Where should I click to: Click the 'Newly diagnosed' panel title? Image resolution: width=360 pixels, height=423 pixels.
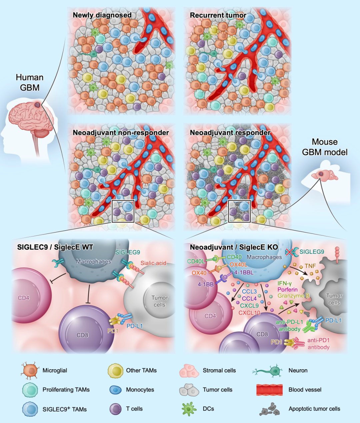click(x=102, y=15)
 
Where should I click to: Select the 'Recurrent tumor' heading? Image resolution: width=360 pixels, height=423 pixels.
click(x=218, y=15)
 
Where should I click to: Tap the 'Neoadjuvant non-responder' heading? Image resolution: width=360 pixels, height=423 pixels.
click(x=121, y=132)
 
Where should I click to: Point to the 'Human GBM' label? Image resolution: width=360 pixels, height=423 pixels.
click(x=30, y=82)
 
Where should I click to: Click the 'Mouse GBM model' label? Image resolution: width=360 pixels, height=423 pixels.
click(x=325, y=147)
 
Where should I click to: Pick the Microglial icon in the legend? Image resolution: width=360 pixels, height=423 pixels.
click(x=29, y=371)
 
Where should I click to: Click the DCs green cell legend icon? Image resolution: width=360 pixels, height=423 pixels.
click(x=189, y=409)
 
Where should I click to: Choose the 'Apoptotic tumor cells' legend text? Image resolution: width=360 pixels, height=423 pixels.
click(x=314, y=409)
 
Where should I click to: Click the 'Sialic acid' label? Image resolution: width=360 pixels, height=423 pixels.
click(x=153, y=263)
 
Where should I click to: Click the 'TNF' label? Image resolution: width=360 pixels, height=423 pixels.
click(x=310, y=266)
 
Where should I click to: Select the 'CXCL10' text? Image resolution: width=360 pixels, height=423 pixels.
click(x=249, y=313)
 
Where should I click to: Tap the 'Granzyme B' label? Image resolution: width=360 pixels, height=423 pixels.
click(x=293, y=296)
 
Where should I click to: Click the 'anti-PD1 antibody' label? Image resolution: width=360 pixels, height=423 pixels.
click(x=318, y=344)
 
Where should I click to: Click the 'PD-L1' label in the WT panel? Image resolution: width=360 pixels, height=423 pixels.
click(x=135, y=326)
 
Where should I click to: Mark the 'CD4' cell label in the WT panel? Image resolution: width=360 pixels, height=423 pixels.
click(x=24, y=298)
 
